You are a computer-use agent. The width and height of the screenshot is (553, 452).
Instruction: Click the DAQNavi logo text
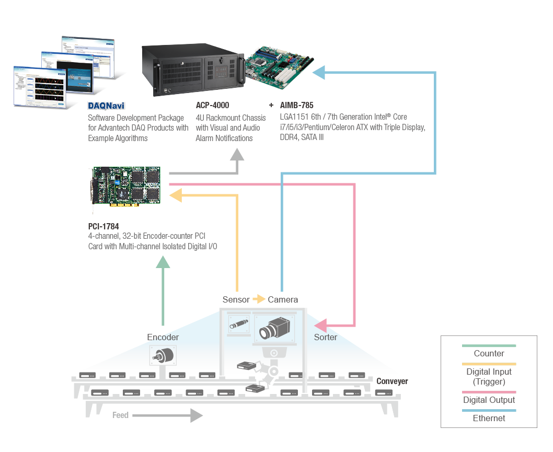[x=106, y=106]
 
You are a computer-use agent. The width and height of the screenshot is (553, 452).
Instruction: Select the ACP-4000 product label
[x=212, y=106]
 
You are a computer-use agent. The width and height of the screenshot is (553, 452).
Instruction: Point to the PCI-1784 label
[x=103, y=226]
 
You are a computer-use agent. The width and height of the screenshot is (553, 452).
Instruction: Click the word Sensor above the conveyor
[x=236, y=299]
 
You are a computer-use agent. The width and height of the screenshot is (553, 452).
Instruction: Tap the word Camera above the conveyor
[x=283, y=299]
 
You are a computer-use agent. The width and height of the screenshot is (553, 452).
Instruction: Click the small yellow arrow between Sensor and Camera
[x=259, y=299]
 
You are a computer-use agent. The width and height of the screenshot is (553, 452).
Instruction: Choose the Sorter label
[x=325, y=337]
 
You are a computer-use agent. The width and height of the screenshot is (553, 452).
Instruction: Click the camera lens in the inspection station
[x=266, y=331]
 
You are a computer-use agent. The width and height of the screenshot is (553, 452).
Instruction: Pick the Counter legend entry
[x=489, y=353]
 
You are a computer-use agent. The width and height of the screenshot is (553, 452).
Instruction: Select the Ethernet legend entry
[x=489, y=418]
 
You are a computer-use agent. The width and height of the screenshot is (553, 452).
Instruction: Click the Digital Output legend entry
[x=489, y=400]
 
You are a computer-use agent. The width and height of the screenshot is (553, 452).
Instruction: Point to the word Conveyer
[x=392, y=381]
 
